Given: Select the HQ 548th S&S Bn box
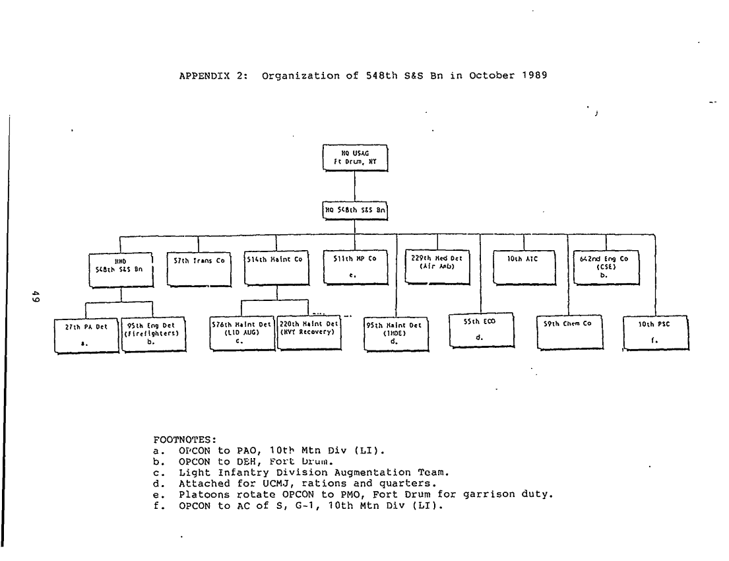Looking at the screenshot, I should click(x=355, y=211).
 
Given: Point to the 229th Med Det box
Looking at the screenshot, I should click(x=436, y=267).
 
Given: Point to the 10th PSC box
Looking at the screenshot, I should click(x=656, y=334).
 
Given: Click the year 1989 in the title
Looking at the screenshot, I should click(x=534, y=75).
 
